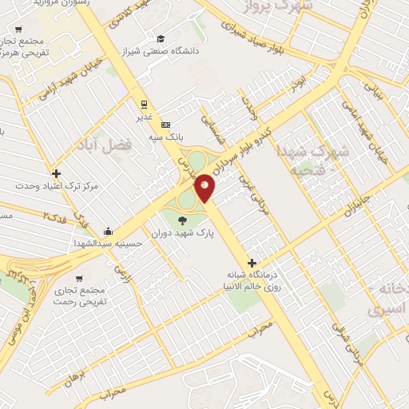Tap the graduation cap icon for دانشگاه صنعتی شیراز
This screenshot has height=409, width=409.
tap(161, 38)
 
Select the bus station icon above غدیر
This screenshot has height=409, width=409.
tap(144, 104)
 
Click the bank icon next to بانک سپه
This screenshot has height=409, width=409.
tap(165, 125)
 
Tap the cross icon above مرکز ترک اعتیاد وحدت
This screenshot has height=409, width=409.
tap(55, 173)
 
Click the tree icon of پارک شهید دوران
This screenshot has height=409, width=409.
tap(184, 221)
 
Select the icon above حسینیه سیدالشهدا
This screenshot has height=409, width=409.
tap(108, 231)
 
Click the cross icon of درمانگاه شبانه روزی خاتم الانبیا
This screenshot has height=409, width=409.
tap(252, 263)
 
